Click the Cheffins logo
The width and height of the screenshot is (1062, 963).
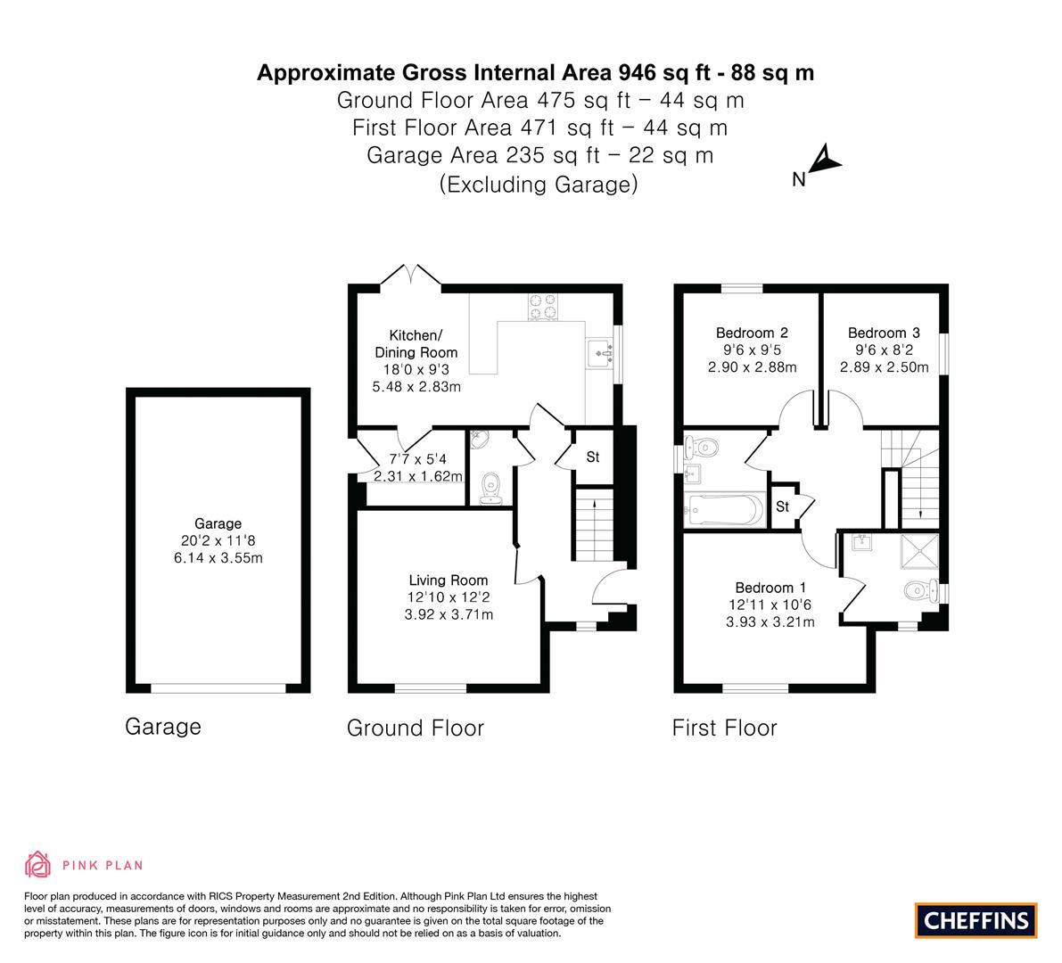(x=976, y=920)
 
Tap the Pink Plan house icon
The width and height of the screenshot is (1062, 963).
(x=38, y=864)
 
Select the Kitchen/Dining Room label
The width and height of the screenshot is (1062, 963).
(x=416, y=343)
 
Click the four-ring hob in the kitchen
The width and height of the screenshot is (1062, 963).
(x=543, y=306)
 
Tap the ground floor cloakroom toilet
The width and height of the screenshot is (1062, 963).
(x=490, y=488)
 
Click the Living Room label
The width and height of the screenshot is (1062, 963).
(x=449, y=580)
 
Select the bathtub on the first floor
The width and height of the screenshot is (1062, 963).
(x=725, y=511)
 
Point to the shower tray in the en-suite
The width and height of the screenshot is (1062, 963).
(x=919, y=551)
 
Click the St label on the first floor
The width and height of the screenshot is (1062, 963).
(x=782, y=506)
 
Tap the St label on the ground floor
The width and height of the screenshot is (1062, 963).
(x=593, y=457)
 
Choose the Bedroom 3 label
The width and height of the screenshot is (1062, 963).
(x=884, y=333)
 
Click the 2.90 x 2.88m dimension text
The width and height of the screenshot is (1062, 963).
(x=753, y=367)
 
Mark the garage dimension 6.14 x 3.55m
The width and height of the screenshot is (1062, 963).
(x=218, y=558)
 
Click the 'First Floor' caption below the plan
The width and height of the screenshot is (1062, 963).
(x=725, y=728)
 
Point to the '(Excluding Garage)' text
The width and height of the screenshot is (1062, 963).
(x=539, y=185)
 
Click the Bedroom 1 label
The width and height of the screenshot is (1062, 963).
(x=770, y=588)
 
